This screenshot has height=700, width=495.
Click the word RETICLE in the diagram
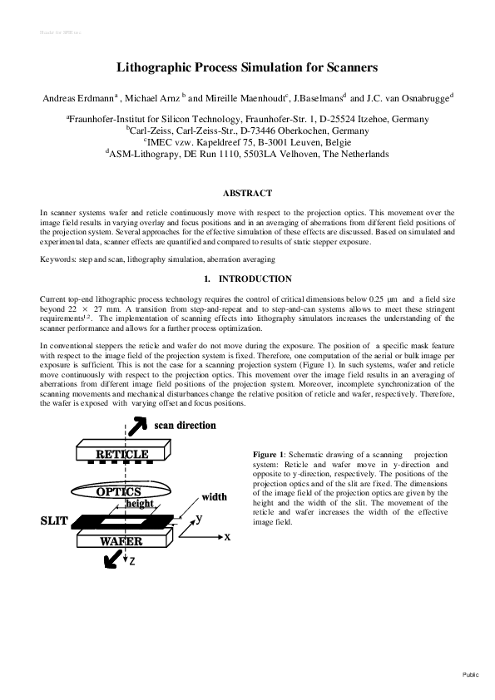coord(122,455)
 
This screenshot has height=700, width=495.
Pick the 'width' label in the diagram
coord(214,497)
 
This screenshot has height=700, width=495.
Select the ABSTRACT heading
coord(247,194)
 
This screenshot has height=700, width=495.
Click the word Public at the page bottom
coord(471,675)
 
